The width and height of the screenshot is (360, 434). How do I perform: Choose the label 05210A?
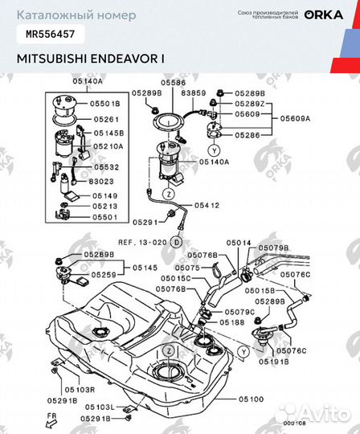[108, 146]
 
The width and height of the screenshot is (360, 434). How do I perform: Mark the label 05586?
[173, 82]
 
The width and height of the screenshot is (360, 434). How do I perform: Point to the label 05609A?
[295, 118]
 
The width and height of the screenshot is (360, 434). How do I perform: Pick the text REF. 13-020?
[141, 241]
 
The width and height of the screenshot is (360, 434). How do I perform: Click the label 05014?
[238, 242]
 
